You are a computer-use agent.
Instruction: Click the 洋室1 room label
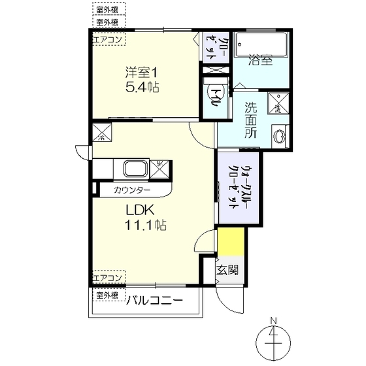click(142, 72)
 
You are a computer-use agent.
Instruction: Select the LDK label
click(139, 212)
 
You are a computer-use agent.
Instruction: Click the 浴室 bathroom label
click(259, 62)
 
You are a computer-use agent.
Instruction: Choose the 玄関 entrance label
click(227, 269)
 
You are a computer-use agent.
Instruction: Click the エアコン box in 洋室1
click(107, 39)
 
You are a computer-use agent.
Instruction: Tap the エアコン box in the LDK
click(107, 278)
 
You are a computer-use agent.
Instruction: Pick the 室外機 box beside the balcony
click(107, 295)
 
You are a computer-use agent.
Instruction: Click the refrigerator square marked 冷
click(103, 135)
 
